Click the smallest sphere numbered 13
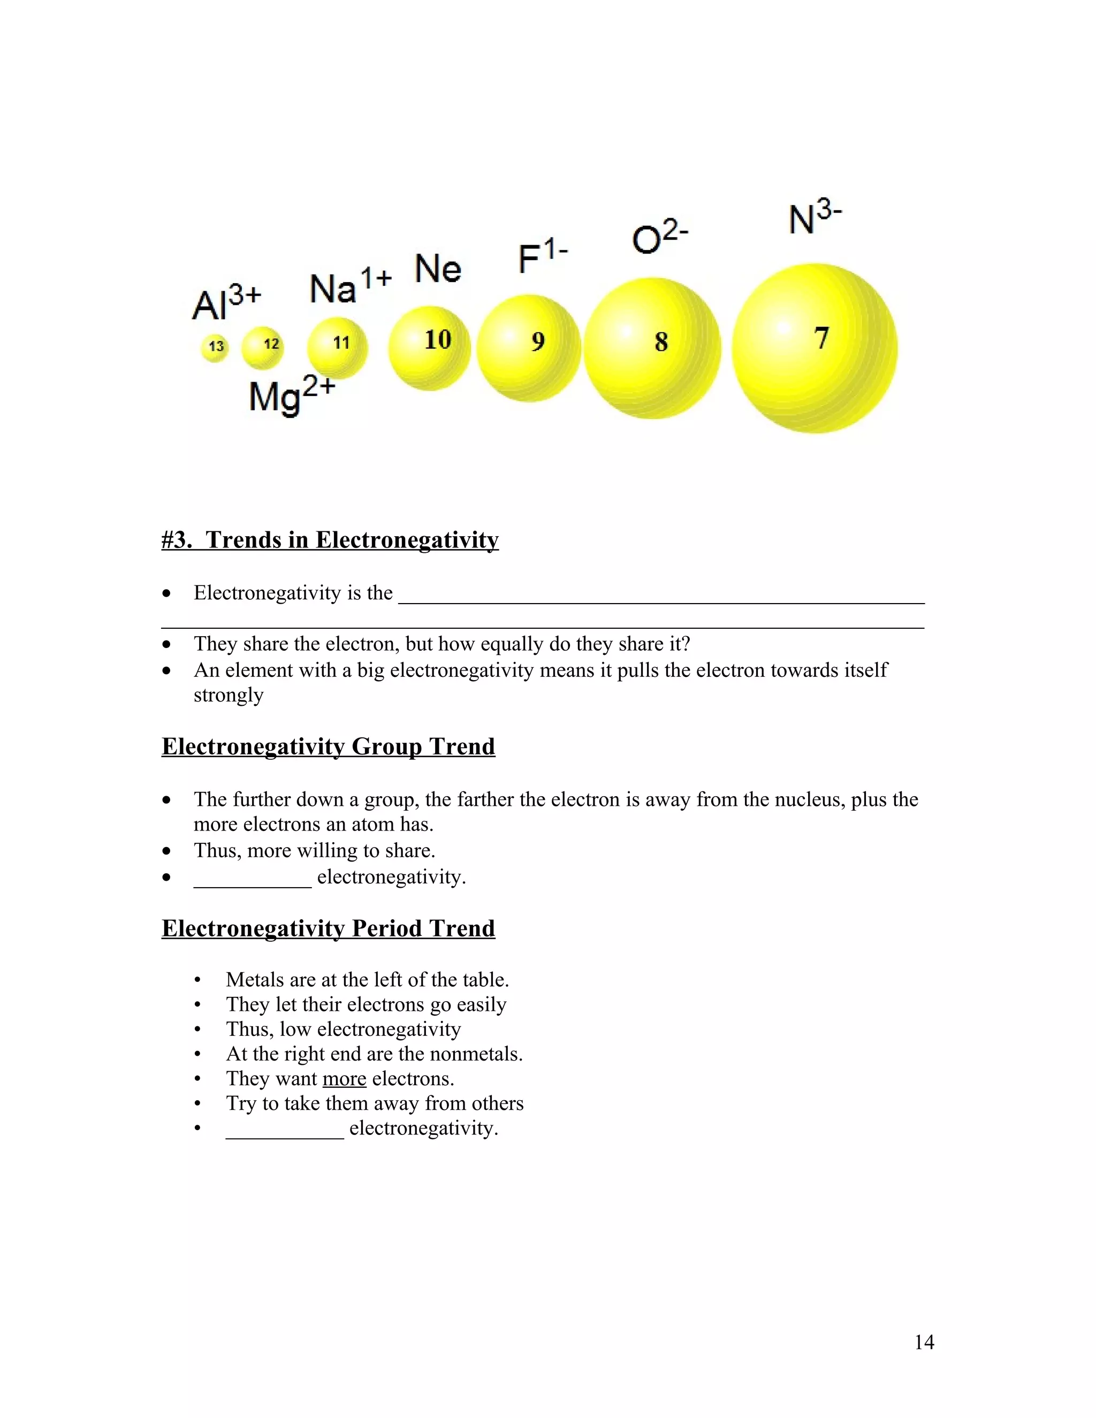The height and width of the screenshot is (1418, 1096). click(215, 347)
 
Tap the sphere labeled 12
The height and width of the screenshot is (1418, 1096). click(262, 347)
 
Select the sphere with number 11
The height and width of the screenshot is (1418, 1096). click(337, 347)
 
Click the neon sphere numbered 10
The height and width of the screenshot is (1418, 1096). click(429, 347)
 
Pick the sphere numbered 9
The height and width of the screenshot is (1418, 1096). click(529, 348)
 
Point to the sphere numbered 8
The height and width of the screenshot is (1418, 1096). click(652, 348)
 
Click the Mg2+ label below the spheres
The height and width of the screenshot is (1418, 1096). click(292, 395)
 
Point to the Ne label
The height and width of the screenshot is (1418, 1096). click(438, 268)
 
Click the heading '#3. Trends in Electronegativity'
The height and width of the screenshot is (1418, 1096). click(330, 540)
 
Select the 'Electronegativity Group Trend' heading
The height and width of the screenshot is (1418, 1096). click(328, 746)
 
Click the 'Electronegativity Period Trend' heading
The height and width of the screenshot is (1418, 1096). click(328, 928)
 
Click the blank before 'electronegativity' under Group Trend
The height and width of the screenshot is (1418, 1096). click(253, 878)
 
